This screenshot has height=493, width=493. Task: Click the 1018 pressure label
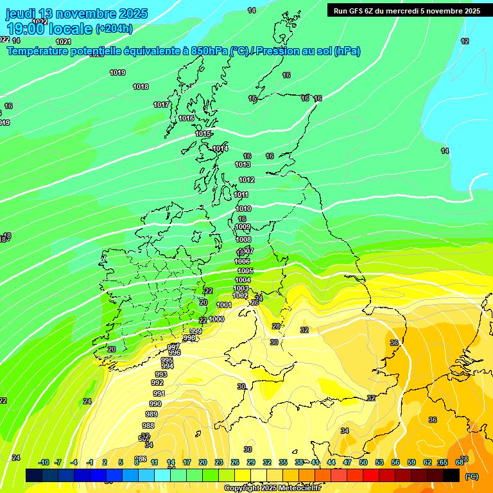click(x=141, y=87)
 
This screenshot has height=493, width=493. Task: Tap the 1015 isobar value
click(x=203, y=134)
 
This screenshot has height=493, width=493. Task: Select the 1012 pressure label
click(x=246, y=180)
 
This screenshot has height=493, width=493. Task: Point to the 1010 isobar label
click(x=243, y=209)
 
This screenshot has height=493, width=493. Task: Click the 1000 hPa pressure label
click(x=216, y=319)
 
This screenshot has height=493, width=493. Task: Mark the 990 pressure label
click(x=155, y=404)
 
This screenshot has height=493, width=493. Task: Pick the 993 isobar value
click(x=160, y=374)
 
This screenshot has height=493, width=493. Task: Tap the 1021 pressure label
click(x=64, y=42)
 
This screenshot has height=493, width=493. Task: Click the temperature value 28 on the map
click(x=275, y=326)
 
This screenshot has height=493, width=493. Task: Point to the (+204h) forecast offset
click(x=114, y=28)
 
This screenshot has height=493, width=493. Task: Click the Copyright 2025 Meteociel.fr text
click(x=272, y=488)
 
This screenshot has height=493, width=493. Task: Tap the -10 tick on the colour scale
click(x=44, y=462)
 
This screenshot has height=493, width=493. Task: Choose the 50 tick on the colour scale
click(x=363, y=462)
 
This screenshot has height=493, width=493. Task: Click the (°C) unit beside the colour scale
click(x=472, y=476)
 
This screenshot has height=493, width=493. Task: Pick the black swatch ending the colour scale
click(x=451, y=475)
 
